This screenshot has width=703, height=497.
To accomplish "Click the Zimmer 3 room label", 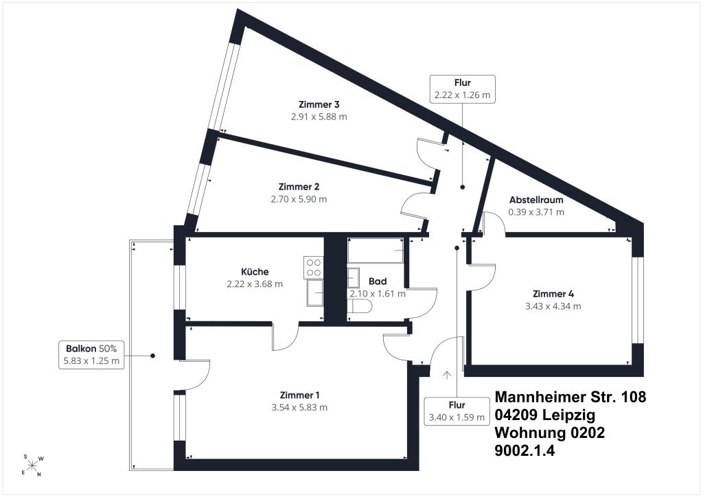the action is point(319,104).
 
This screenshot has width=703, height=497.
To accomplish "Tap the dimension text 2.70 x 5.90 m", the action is point(299,199).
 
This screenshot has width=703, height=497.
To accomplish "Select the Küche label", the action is point(255,272).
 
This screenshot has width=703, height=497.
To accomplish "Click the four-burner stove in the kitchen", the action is point(313,267).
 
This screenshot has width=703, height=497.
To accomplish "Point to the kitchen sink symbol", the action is point(314,293).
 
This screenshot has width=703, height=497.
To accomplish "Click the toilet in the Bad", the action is point(360,307).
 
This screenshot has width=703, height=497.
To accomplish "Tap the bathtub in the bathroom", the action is point(376,250).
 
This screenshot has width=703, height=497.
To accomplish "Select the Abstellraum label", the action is point(536,200).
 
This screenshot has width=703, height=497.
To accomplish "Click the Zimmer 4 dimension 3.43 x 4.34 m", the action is point(553,307).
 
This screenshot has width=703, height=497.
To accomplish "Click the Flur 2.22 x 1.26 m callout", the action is point(462,89).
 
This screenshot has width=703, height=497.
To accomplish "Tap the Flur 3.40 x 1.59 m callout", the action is point(457,411).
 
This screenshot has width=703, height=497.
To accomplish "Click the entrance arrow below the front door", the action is point(446,375).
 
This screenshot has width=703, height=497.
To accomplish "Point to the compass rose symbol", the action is point(33,465).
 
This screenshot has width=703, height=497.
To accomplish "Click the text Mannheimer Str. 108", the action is point(571,397).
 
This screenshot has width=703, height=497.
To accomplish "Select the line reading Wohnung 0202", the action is point(550,432).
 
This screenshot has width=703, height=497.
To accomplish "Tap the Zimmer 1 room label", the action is point(299,395).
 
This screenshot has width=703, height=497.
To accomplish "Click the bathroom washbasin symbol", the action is point(354,278).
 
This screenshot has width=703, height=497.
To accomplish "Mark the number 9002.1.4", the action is point(525,450).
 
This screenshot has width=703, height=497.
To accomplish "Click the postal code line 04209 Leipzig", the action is point(545,415).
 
